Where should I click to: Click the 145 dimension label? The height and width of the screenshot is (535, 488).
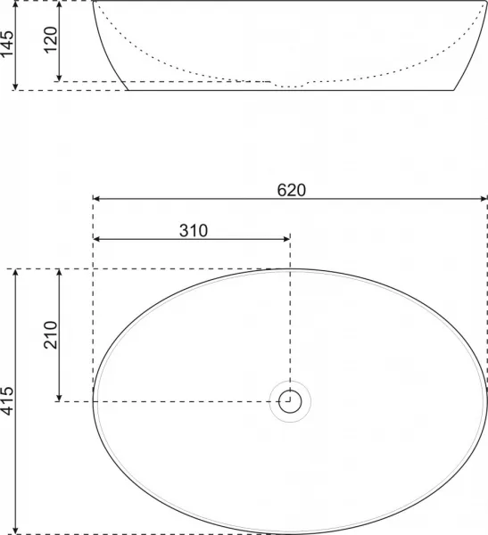pyautogui.click(x=7, y=44)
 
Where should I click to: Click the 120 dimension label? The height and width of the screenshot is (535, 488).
pyautogui.click(x=51, y=39)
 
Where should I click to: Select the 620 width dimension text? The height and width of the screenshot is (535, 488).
pyautogui.click(x=292, y=191)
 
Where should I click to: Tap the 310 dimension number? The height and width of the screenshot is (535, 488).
pyautogui.click(x=194, y=231)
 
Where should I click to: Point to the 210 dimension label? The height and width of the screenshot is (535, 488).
pyautogui.click(x=51, y=334)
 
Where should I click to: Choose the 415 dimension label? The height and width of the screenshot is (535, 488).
pyautogui.click(x=7, y=401)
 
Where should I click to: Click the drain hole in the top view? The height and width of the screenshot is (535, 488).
pyautogui.click(x=290, y=401)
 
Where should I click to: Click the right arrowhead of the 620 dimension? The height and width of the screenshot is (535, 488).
pyautogui.click(x=484, y=199)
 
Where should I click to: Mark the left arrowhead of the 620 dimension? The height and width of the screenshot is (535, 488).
pyautogui.click(x=96, y=199)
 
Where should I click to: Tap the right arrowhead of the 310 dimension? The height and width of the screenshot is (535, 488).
pyautogui.click(x=286, y=239)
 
